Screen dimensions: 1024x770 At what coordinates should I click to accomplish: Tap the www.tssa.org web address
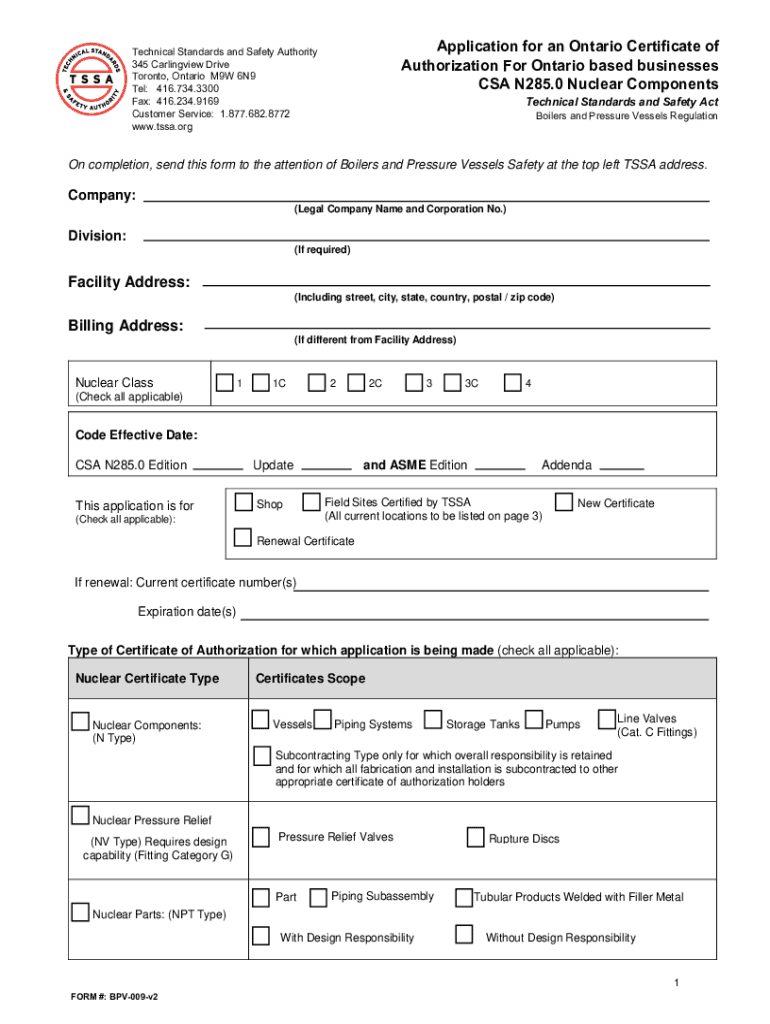click(162, 127)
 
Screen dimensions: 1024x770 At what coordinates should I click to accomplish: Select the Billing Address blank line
click(456, 327)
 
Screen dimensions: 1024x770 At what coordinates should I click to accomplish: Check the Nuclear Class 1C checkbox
click(262, 383)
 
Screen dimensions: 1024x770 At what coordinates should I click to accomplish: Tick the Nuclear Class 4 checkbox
click(513, 383)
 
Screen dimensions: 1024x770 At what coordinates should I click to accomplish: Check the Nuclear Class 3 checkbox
click(413, 383)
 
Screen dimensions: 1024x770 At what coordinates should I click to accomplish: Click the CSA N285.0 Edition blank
click(217, 467)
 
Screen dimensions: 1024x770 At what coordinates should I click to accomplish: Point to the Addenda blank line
click(622, 467)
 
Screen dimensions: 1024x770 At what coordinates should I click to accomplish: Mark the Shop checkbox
click(243, 502)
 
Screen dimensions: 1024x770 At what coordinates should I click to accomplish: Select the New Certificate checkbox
click(564, 502)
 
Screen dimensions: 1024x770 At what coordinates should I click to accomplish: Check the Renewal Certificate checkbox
click(243, 539)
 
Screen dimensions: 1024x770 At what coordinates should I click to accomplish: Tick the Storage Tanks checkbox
click(433, 720)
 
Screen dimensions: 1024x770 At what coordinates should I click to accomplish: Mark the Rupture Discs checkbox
click(476, 838)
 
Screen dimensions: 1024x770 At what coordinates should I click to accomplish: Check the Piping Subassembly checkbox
click(318, 897)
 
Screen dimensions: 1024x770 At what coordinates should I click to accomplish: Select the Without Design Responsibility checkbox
click(463, 936)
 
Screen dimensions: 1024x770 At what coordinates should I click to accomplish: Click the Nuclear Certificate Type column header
click(147, 679)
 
